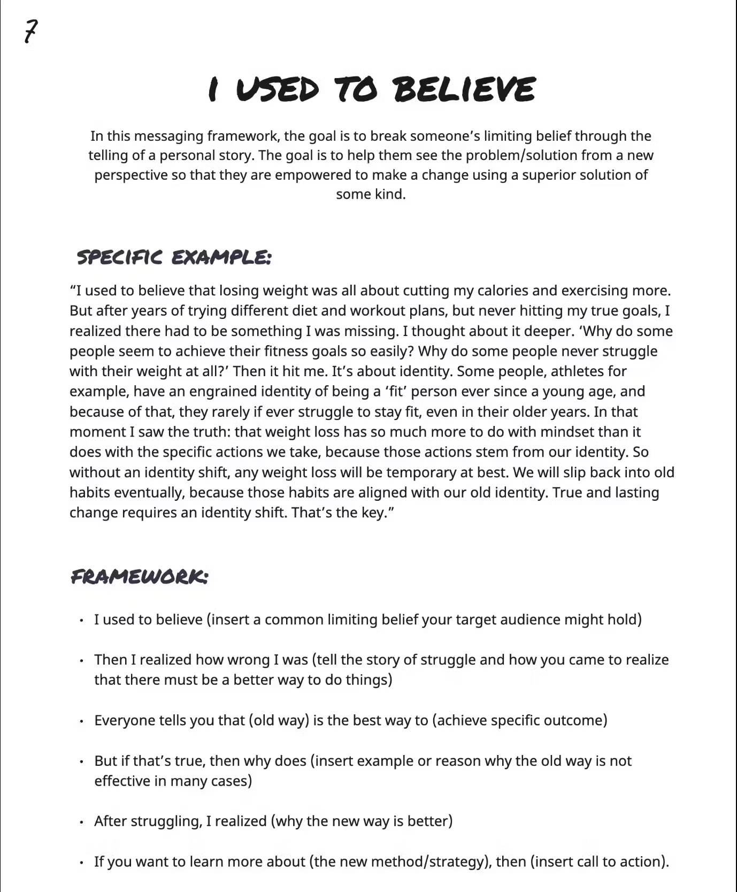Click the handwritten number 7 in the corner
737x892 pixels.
[32, 32]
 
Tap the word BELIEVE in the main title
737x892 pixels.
[464, 89]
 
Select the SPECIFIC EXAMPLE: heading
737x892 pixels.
[174, 257]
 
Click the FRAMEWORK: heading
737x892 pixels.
[139, 577]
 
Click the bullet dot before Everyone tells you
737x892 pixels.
[81, 721]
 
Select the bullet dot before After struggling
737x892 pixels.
[81, 822]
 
